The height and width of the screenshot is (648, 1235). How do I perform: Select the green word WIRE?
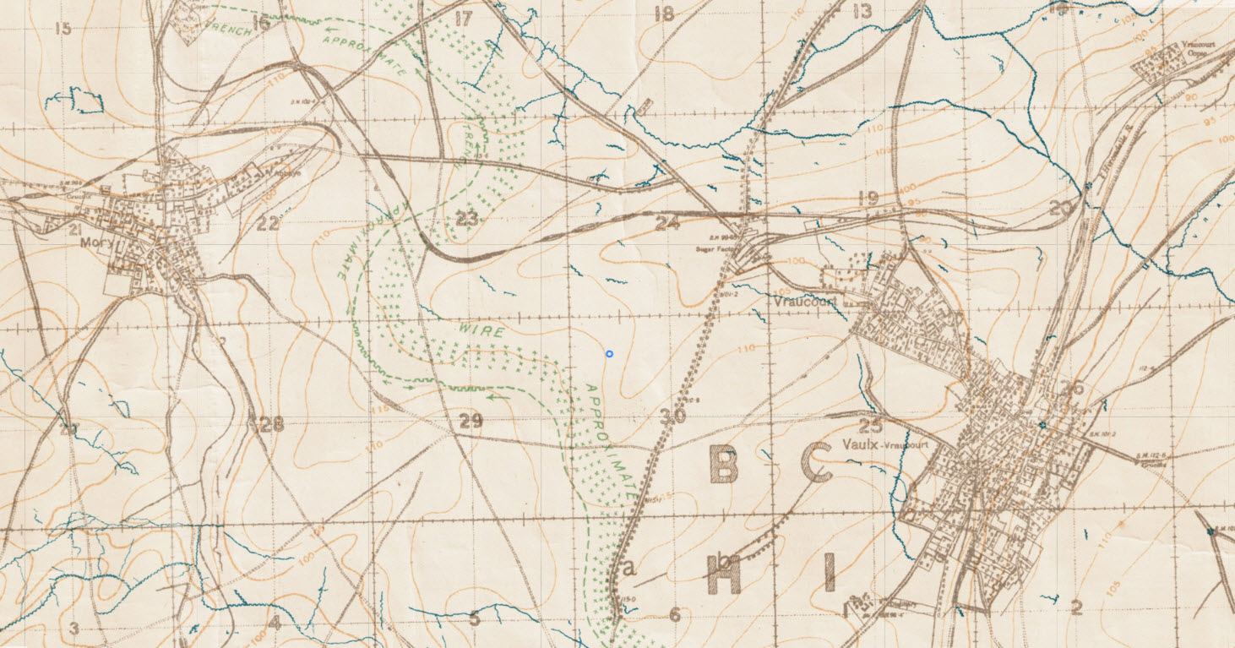pos(483,330)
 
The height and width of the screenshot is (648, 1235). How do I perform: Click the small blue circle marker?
pos(609,353)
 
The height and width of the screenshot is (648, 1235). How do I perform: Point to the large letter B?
pos(725,463)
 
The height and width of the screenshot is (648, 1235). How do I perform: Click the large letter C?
pos(816,463)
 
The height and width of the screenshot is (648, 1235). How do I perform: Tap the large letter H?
pos(725,578)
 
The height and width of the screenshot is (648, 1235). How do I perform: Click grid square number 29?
pos(471,422)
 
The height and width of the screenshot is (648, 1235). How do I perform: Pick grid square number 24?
pos(667,224)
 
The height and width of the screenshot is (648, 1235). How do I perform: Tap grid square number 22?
pos(268,224)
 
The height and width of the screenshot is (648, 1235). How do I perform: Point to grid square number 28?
pos(269,425)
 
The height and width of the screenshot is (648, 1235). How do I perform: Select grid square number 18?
pos(665,14)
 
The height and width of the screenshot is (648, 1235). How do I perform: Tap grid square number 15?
pos(62,30)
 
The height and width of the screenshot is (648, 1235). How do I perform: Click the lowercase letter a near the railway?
pos(628,569)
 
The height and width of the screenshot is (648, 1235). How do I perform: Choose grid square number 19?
pos(868,199)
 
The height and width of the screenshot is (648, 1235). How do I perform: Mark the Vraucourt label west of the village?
pos(798,300)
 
